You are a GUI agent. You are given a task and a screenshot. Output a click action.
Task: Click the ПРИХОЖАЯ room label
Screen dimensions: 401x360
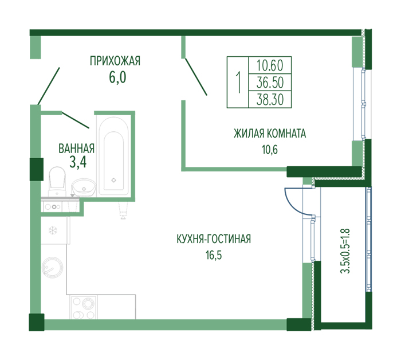[x=115, y=61]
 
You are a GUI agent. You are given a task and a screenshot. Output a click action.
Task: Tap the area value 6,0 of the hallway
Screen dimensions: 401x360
[x=117, y=77]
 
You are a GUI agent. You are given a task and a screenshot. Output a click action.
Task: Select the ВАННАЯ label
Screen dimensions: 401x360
[x=76, y=148]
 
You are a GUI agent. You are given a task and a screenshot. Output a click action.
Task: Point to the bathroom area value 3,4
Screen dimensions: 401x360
[x=78, y=162]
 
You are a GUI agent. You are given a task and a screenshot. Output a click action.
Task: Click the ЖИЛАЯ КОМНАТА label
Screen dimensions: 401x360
[x=270, y=134]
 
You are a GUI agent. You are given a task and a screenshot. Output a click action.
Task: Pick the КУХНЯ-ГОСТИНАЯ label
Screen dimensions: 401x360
[x=214, y=239]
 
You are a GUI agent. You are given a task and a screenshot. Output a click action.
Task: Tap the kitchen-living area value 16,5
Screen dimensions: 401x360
[x=214, y=255]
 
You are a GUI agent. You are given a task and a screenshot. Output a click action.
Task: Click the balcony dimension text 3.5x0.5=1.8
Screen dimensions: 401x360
[x=345, y=251]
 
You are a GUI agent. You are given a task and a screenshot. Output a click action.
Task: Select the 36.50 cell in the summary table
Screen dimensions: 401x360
[x=270, y=83]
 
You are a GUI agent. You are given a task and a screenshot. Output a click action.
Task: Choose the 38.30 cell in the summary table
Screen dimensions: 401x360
[x=270, y=99]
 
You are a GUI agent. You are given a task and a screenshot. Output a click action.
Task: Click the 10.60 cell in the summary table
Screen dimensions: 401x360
[x=270, y=65]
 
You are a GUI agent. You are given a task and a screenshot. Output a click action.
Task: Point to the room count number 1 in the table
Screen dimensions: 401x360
[x=239, y=82]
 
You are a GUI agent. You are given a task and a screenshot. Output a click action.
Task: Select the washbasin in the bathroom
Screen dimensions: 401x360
[x=84, y=187]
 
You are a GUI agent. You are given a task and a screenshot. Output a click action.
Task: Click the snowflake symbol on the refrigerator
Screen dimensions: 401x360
[x=53, y=230]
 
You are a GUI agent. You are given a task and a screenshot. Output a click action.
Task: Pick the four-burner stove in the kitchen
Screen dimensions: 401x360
[x=84, y=308]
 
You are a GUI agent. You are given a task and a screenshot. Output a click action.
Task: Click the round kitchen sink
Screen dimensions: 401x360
[x=53, y=267]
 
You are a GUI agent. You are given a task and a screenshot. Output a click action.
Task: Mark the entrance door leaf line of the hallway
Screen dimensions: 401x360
[x=49, y=86]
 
